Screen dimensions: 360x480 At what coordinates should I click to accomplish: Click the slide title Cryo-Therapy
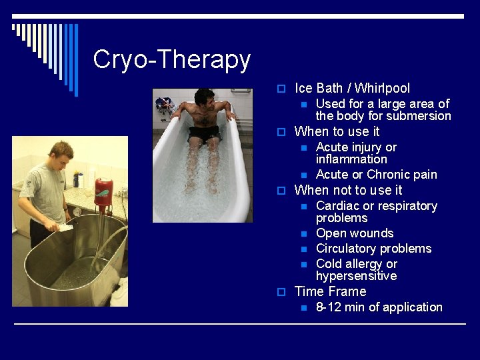171,60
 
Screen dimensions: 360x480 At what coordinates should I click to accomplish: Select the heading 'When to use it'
337,131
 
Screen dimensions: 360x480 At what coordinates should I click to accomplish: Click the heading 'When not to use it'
348,190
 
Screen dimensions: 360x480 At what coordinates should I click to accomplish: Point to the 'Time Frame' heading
330,291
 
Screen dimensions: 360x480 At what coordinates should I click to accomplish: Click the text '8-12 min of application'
379,307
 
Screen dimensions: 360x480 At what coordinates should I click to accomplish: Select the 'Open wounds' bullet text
354,233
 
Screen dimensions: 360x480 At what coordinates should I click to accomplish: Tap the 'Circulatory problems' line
373,249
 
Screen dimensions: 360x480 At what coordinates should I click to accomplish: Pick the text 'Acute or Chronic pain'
376,175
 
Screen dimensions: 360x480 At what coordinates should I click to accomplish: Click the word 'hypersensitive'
356,276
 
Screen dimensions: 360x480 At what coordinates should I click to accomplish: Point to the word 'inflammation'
351,159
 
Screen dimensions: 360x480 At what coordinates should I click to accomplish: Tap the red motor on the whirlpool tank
103,191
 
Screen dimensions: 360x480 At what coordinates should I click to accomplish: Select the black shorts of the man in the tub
204,133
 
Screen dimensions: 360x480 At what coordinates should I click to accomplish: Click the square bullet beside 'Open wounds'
303,234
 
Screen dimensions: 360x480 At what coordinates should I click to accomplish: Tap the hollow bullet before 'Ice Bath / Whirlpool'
281,89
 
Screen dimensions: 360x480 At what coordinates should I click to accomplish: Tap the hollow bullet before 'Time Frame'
281,292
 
